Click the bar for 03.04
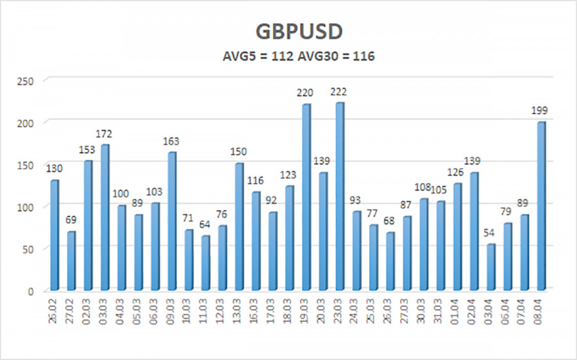pos(490,267)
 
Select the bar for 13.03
pos(238,227)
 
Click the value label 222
pos(339,92)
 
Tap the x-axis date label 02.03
pos(88,313)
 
